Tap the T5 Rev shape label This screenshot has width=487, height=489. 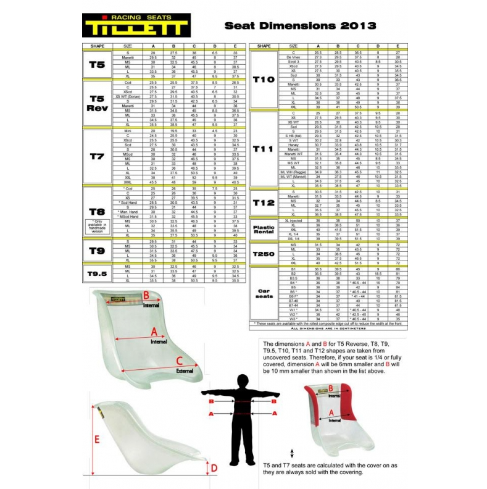click(97, 103)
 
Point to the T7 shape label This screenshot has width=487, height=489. click(97, 157)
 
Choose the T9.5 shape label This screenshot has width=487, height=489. click(97, 273)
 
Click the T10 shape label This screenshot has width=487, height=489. click(264, 79)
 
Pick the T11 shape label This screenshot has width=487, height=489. click(264, 149)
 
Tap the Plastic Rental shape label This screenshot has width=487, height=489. click(264, 230)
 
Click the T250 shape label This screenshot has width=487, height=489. click(264, 254)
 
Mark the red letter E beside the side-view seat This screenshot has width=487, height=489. click(97, 439)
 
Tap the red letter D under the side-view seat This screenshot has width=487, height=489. click(214, 469)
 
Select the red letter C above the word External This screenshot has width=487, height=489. click(179, 361)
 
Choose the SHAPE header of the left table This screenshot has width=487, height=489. click(97, 46)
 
